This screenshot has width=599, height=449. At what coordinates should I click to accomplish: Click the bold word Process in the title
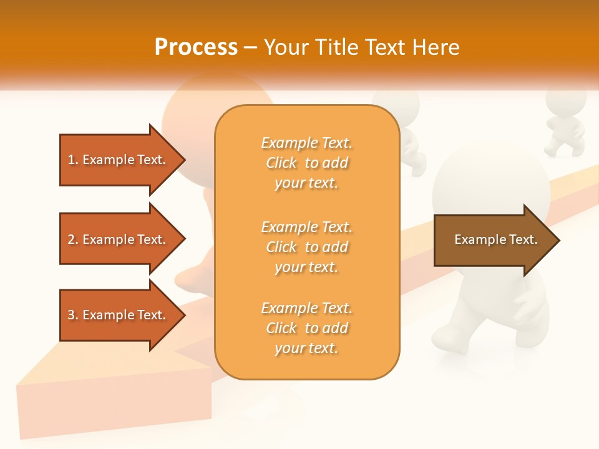[x=196, y=47]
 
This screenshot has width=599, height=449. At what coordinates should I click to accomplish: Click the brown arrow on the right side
[x=493, y=240]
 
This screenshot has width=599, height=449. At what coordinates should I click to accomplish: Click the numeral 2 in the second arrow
[x=71, y=239]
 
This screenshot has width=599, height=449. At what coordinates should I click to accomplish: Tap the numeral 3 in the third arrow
[x=71, y=315]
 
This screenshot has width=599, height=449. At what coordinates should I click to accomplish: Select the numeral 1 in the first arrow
[x=71, y=160]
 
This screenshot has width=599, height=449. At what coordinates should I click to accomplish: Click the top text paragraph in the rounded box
[x=306, y=163]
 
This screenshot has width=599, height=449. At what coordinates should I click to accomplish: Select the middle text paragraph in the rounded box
[x=306, y=247]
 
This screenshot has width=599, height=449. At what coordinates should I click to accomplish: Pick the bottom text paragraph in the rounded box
[x=306, y=328]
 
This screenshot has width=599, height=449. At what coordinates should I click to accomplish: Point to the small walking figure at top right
[x=565, y=125]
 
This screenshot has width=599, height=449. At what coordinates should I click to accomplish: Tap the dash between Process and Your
[x=250, y=48]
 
